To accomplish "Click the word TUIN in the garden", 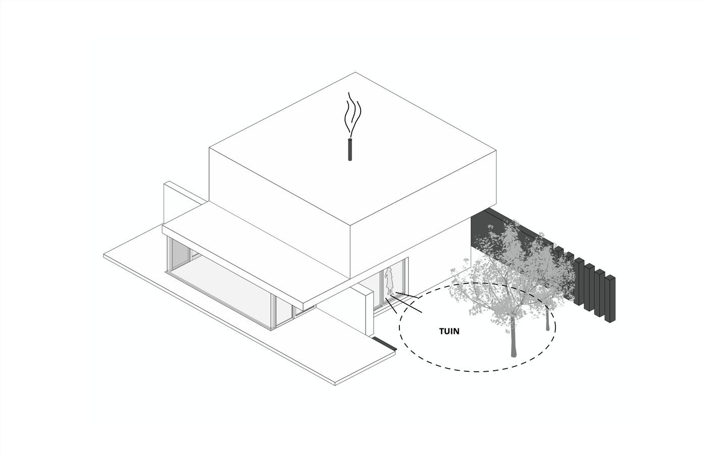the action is [x=449, y=331].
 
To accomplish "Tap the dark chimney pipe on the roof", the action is [x=349, y=149].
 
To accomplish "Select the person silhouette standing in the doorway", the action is [x=389, y=281].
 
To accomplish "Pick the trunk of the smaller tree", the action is [x=547, y=318].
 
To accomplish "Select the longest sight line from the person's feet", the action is [x=407, y=304].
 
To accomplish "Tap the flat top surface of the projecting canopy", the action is [x=252, y=249].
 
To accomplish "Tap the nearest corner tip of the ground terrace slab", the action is [x=335, y=385].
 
